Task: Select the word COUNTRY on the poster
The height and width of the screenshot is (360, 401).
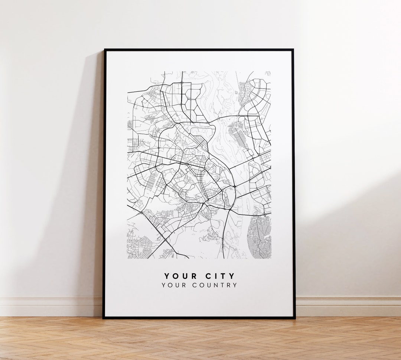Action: tap(215, 285)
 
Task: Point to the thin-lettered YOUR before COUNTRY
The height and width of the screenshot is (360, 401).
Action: tap(173, 285)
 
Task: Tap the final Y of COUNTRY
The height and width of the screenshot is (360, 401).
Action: tap(235, 285)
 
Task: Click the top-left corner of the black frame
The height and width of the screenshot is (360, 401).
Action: tap(104, 50)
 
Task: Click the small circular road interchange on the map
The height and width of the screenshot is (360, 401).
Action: tap(234, 186)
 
